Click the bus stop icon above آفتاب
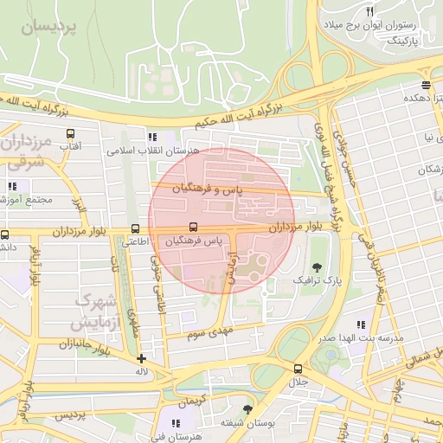[70, 134]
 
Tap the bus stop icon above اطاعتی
[133, 229]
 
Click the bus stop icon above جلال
[298, 369]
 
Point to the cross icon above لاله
[141, 358]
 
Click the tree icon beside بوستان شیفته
[248, 408]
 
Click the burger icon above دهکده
[425, 85]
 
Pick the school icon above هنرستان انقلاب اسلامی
[153, 136]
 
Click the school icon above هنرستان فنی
[177, 424]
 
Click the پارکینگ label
[401, 40]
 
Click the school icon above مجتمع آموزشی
[12, 185]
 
